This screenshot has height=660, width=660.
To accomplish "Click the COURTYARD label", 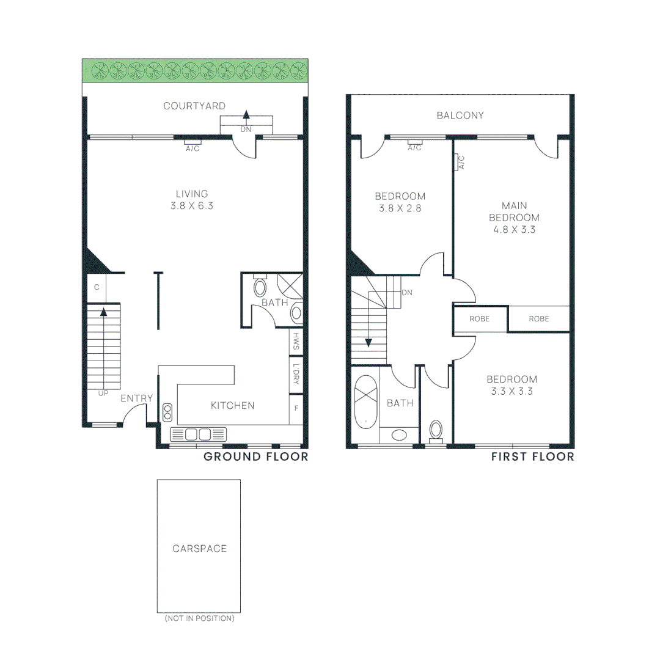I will [x=194, y=106].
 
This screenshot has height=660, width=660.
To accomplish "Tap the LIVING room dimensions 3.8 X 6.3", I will [x=192, y=207].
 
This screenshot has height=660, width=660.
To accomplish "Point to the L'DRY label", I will [x=296, y=374].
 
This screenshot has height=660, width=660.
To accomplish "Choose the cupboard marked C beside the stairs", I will [x=97, y=287].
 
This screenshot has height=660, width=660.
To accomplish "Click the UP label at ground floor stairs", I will [x=103, y=393].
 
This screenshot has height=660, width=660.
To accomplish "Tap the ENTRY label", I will [x=136, y=399].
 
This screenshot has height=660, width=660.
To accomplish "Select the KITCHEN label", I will [x=232, y=405].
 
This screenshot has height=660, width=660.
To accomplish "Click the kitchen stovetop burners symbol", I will [x=167, y=412].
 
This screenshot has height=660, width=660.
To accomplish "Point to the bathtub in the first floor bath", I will [x=366, y=404].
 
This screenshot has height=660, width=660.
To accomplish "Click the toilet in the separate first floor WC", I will [x=436, y=430].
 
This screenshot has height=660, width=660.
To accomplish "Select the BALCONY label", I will [x=460, y=116].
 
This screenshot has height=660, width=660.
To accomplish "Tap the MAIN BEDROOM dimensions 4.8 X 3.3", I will [x=513, y=230].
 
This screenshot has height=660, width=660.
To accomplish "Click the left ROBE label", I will [x=480, y=319].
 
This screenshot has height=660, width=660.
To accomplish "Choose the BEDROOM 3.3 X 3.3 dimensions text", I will [x=512, y=391].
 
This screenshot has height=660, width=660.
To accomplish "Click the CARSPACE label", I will [x=199, y=549].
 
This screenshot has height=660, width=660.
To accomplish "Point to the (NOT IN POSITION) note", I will [x=199, y=618].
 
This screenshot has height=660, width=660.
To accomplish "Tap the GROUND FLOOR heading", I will [x=255, y=457].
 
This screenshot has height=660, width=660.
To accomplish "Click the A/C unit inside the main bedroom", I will [x=461, y=162].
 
